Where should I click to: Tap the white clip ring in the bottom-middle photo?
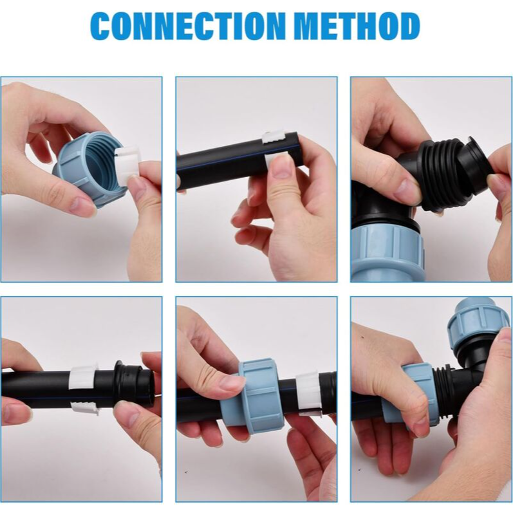tap(307, 393)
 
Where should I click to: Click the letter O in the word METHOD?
tap(383, 26)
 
